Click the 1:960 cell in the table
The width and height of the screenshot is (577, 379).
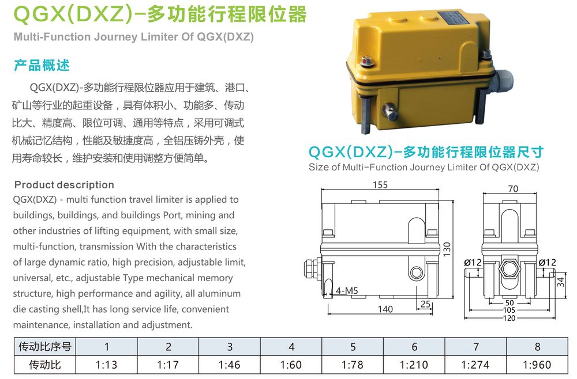[537, 365]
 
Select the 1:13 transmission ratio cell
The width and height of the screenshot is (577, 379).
[106, 365]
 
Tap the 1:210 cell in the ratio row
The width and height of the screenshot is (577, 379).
[414, 365]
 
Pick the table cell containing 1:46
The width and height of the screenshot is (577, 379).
[229, 365]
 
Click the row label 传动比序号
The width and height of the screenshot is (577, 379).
[45, 346]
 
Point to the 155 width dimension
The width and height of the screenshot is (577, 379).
[380, 185]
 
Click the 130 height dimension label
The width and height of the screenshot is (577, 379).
[447, 249]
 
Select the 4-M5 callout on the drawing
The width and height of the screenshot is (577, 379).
[347, 290]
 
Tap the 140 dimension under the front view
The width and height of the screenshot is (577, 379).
[385, 309]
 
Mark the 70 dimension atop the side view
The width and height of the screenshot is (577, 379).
[513, 189]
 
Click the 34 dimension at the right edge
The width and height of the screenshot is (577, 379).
[560, 282]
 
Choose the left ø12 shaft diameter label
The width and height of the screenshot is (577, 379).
[473, 262]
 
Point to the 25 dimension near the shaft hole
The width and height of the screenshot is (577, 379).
[425, 304]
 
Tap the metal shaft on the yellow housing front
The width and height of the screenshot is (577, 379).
[389, 111]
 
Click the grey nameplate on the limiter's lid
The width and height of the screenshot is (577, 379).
[456, 18]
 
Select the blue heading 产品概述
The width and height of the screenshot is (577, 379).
[42, 65]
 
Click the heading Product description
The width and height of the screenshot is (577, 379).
[64, 184]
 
